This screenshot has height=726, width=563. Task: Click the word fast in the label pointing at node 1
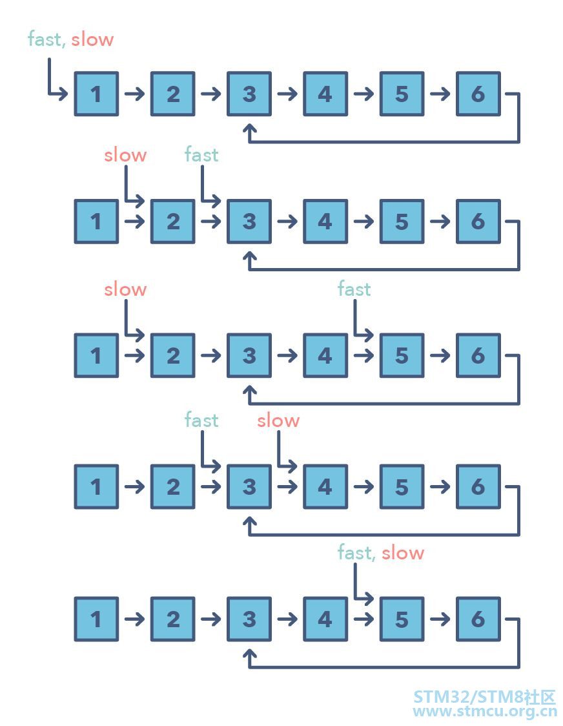(45, 39)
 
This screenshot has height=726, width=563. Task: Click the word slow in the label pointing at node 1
(92, 39)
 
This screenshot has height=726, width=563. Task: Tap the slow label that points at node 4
(278, 420)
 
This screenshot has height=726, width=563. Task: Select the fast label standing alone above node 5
(354, 289)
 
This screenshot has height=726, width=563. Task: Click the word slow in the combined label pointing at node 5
(403, 553)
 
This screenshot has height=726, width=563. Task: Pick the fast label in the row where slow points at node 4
(201, 420)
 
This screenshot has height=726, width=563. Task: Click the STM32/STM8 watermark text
(484, 697)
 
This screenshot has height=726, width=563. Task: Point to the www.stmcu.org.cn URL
(485, 711)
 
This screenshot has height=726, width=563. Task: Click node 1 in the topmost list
(96, 94)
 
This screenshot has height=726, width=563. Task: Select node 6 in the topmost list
(478, 94)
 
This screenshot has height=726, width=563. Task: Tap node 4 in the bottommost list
(325, 619)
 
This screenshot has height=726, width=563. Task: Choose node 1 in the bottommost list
(96, 619)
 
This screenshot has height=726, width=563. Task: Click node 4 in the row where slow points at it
(325, 486)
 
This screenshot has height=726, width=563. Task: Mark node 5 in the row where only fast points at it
(402, 355)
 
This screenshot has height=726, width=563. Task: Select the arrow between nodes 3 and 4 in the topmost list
(287, 94)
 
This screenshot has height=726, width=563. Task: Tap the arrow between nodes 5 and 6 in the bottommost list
(440, 619)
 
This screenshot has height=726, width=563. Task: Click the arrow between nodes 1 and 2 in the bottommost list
(135, 619)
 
